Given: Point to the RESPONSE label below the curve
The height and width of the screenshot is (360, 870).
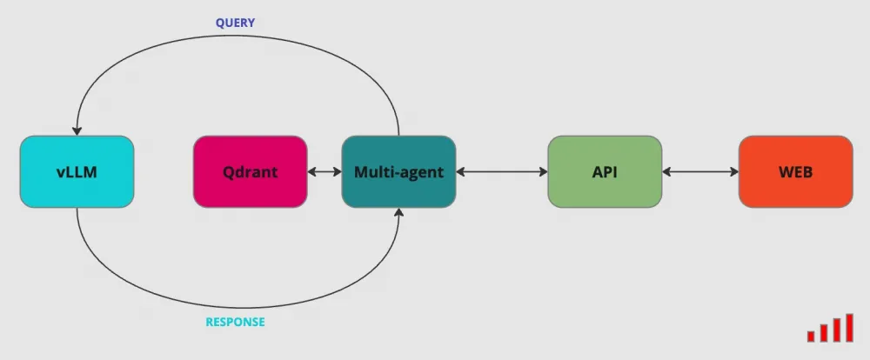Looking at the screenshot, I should tap(235, 322).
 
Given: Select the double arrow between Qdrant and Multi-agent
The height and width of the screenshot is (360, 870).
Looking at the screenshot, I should tap(325, 172).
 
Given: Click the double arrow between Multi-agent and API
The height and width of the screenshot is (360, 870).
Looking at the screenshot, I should tap(502, 172).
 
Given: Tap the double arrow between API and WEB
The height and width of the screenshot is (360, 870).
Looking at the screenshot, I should tap(700, 172).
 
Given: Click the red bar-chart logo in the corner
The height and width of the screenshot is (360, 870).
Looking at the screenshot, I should tap(829, 329).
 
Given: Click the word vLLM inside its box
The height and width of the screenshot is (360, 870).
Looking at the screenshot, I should tap(77, 172).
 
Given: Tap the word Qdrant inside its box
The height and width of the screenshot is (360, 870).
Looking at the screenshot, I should tap(250, 172).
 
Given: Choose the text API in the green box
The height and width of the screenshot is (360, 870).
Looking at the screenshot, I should tap(605, 172).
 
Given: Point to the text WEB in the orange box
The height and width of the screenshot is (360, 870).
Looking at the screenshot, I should tap(795, 172).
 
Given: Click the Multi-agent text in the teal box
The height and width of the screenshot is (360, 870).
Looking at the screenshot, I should tap(398, 172).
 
